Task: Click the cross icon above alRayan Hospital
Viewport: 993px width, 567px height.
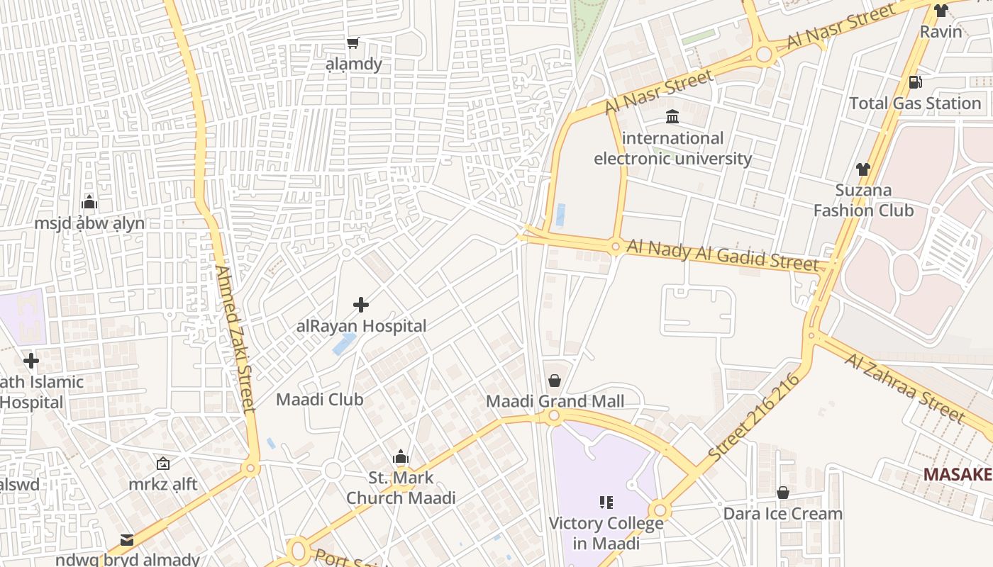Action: (361, 305)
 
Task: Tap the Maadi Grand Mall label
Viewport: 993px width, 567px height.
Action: (555, 401)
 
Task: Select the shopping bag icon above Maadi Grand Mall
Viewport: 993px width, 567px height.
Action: (555, 381)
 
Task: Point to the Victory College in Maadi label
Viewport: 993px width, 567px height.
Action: (606, 534)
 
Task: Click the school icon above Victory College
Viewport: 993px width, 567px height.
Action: (606, 503)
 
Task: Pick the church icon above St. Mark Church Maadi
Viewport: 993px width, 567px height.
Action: (401, 457)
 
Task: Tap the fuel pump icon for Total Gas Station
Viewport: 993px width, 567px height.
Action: (916, 82)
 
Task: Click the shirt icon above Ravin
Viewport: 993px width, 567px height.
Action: (941, 11)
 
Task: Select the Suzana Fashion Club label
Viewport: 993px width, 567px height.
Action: (863, 201)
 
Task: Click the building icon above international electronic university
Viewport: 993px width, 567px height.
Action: (672, 116)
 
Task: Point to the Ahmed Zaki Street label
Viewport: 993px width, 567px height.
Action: (235, 339)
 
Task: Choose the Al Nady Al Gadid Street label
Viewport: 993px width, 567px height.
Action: (723, 254)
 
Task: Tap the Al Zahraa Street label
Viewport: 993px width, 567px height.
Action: (904, 387)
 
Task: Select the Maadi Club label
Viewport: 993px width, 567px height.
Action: (319, 399)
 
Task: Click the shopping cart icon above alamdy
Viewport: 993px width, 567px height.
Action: (353, 43)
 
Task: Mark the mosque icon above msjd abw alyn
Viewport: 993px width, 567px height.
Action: (89, 202)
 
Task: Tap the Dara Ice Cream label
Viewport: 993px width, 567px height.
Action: (783, 513)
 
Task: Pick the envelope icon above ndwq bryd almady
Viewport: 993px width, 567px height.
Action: (127, 540)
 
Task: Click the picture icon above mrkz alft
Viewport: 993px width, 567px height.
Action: (163, 464)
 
